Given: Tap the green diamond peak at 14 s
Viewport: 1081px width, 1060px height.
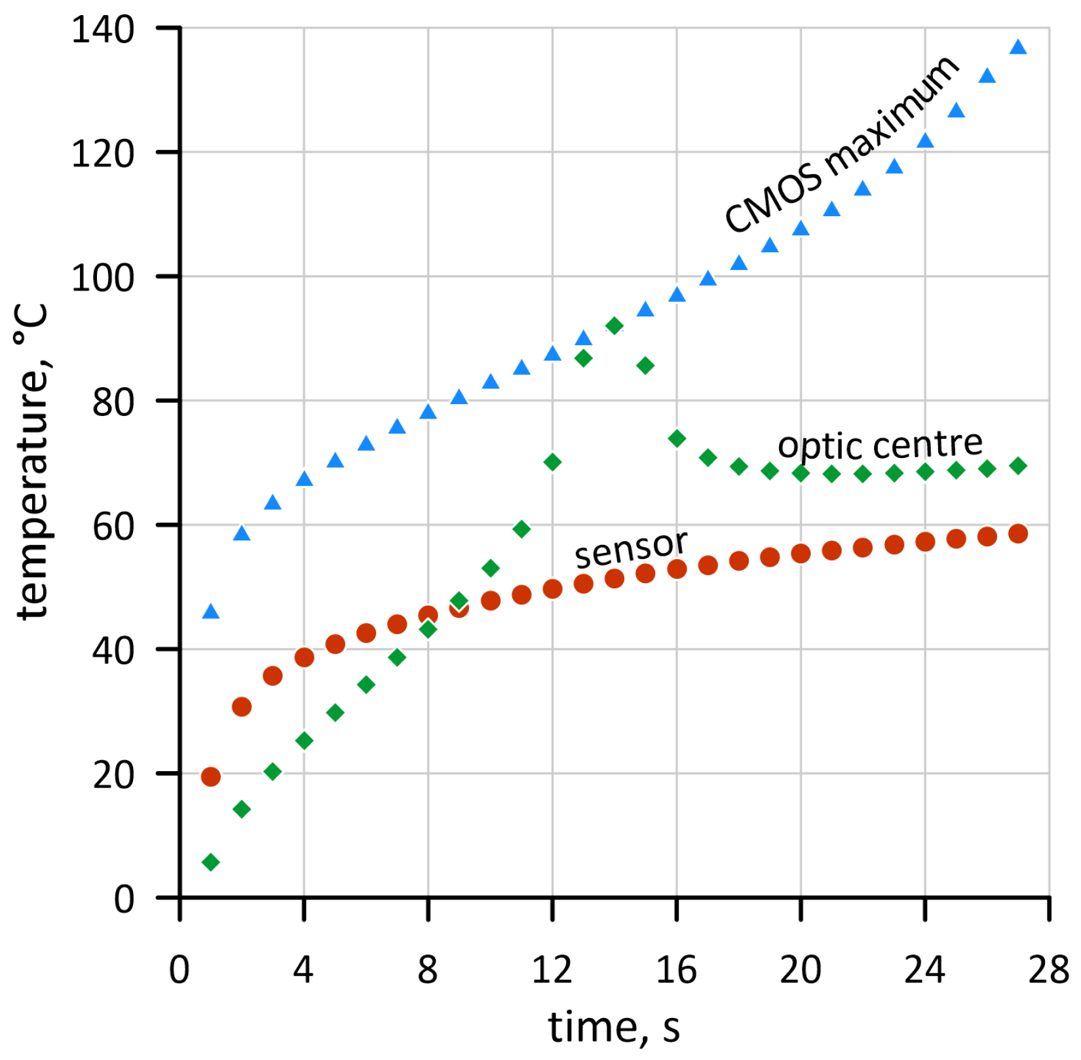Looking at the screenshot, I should [x=614, y=326].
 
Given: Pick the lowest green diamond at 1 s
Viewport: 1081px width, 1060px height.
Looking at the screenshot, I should [x=210, y=862].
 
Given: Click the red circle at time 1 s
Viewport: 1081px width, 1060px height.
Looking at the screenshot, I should [x=210, y=776].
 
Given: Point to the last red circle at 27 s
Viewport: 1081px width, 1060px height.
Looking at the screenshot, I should [x=1017, y=533].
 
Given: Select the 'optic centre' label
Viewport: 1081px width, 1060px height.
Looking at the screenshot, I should [x=879, y=445].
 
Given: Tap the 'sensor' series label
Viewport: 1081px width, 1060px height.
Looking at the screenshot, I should [x=630, y=549].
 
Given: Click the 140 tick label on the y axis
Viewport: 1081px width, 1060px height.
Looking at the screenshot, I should [x=103, y=30].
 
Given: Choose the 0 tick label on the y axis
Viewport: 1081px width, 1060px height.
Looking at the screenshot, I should [x=124, y=899].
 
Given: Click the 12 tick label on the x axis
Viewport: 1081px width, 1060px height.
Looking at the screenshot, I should [x=552, y=970].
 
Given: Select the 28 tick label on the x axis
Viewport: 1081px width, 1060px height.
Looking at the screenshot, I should [x=1048, y=970].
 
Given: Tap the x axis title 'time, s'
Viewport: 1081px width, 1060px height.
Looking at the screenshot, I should [x=614, y=1027].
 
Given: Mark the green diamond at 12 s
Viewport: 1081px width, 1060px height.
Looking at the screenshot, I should [x=552, y=463].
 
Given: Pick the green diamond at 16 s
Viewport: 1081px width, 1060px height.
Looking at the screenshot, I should [x=677, y=439].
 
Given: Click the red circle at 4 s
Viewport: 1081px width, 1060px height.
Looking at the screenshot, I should [x=303, y=657].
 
